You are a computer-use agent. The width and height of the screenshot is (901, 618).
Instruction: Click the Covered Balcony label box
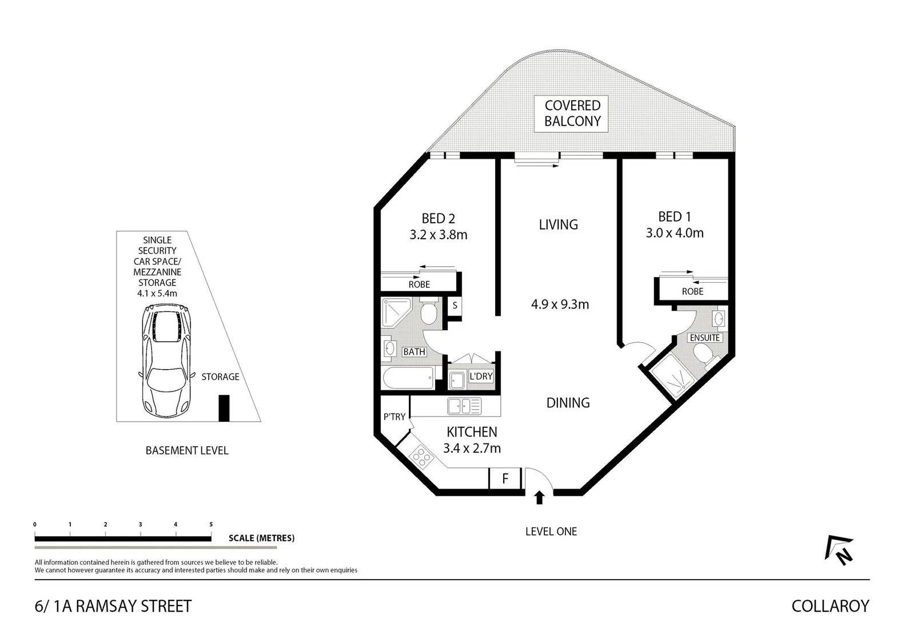tap(572, 113)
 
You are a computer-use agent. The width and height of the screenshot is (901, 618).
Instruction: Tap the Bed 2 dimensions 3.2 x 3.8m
tap(438, 235)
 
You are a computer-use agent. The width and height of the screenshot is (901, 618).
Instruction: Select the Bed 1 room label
tap(675, 217)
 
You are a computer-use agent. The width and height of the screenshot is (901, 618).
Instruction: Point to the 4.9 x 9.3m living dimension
tap(560, 304)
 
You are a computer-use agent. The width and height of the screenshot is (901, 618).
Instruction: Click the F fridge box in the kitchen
tap(505, 478)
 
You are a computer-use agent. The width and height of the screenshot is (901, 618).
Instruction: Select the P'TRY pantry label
tap(394, 417)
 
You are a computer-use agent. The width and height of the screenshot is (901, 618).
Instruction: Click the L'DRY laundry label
tap(481, 376)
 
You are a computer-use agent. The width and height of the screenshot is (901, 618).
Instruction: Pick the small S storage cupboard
tap(455, 306)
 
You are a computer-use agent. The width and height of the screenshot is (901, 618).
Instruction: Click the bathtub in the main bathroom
tap(408, 378)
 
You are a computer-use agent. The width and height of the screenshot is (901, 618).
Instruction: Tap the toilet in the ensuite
tap(706, 355)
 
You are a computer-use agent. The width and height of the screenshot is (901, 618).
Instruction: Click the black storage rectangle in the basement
tap(224, 408)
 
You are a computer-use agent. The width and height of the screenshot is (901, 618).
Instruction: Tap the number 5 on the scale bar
tap(211, 524)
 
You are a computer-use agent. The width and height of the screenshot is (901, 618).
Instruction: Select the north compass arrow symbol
tap(839, 550)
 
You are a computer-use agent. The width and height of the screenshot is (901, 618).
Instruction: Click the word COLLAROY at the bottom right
tap(830, 605)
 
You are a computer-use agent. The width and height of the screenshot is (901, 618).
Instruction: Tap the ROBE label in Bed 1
tap(692, 291)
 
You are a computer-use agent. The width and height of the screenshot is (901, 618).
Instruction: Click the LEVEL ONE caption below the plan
tap(551, 532)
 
